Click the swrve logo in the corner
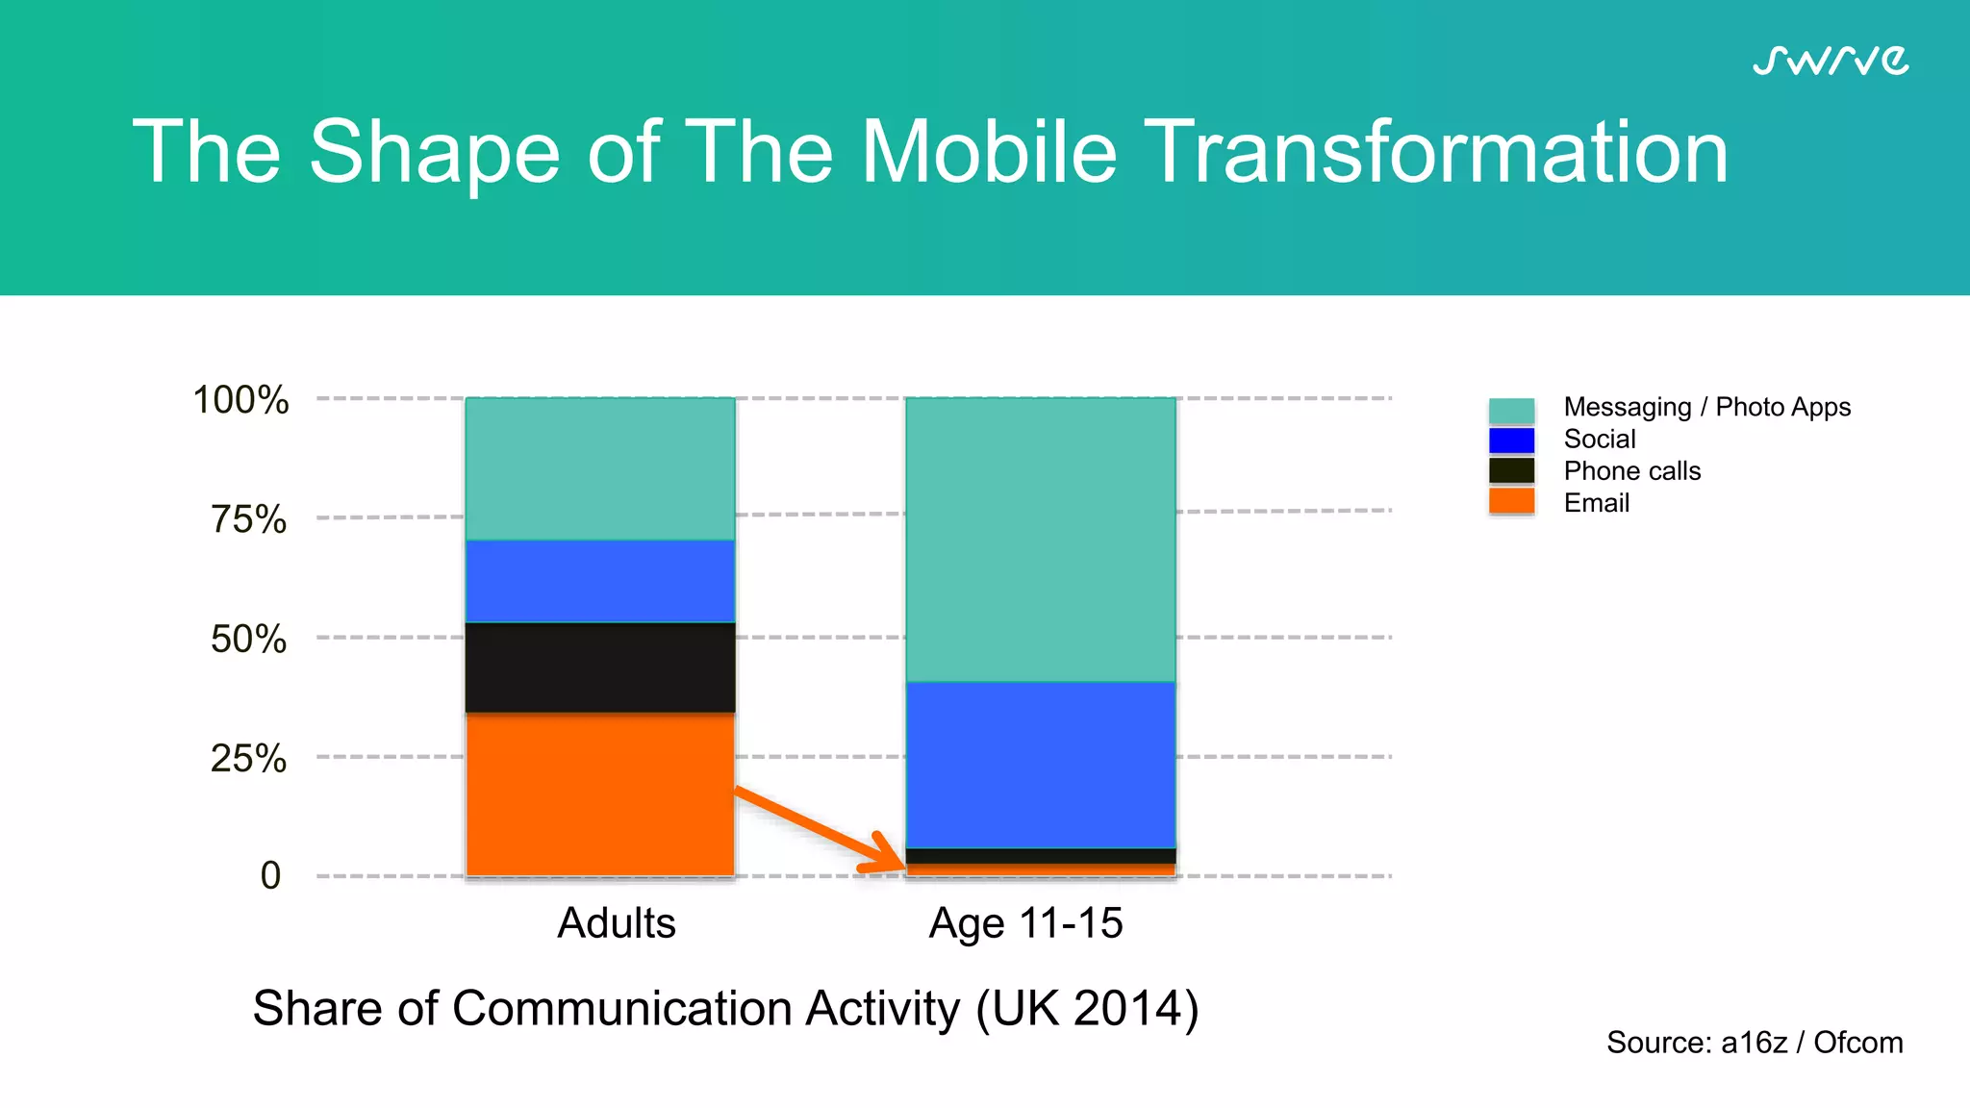1830,61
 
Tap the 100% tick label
240,400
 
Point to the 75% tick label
248,519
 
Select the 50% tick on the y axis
248,639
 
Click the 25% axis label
248,758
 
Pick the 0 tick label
270,875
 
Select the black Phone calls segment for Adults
600,667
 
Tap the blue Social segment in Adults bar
600,581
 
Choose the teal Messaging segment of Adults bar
600,468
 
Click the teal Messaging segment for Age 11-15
1041,539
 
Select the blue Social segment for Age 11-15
1041,765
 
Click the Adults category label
617,923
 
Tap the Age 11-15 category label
1025,923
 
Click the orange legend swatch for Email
1511,501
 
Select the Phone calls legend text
1631,470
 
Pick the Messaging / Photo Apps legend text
1706,407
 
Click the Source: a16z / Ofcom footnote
1754,1043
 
